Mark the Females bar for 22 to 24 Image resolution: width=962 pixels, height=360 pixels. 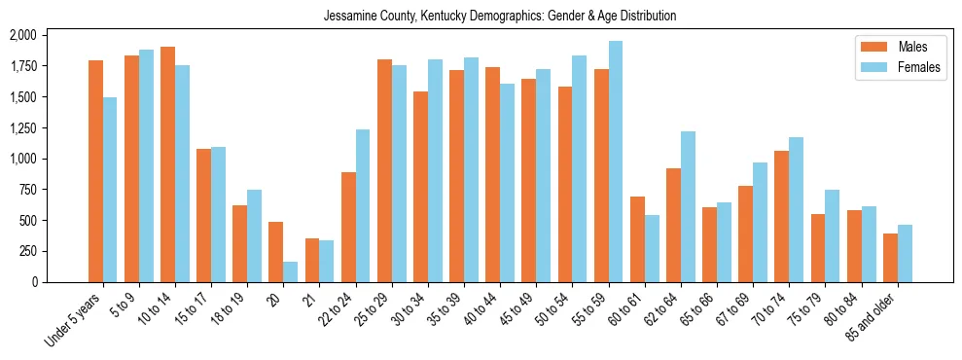pos(363,205)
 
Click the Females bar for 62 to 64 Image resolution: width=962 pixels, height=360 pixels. pos(688,206)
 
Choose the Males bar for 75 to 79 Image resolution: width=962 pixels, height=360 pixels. pos(818,248)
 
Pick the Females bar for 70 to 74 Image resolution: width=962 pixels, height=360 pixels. pos(796,209)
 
